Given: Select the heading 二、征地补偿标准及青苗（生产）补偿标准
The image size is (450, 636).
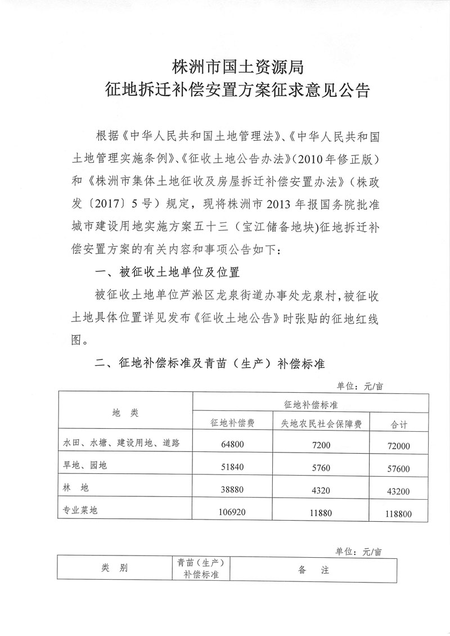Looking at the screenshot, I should (211, 364).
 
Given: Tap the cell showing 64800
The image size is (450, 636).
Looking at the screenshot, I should (233, 444).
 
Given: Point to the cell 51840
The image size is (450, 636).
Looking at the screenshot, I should (233, 467).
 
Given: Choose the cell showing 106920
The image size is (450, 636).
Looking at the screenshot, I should (233, 512).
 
